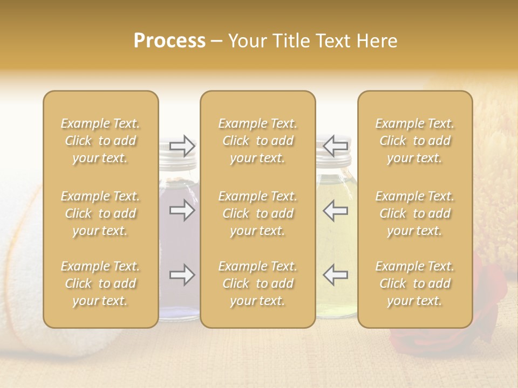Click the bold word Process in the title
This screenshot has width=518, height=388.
[169, 41]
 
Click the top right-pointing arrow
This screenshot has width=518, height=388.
[182, 145]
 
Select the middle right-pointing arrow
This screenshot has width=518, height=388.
[182, 210]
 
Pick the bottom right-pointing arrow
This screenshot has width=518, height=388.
[182, 275]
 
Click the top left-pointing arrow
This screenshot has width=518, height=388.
[336, 145]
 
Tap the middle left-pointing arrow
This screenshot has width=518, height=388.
[336, 210]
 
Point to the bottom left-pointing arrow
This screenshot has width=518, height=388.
[336, 275]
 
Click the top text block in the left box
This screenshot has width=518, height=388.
[100, 141]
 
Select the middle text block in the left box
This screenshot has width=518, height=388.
[100, 213]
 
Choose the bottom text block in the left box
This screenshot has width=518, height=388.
[100, 283]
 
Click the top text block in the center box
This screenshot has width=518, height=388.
[258, 141]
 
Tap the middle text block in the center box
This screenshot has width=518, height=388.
[258, 213]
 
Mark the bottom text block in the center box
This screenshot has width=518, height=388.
[258, 283]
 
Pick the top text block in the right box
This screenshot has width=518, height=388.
[415, 141]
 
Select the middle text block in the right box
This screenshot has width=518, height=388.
[415, 213]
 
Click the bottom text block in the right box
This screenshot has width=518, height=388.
[415, 283]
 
